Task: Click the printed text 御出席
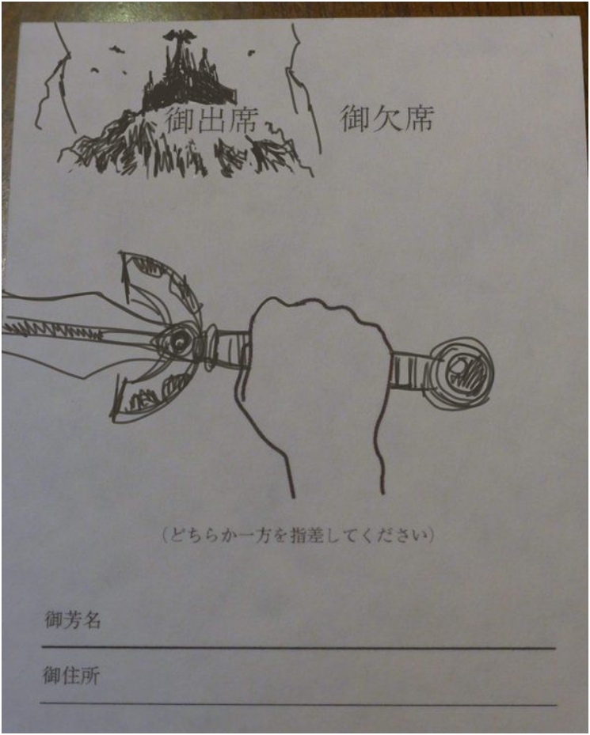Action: pos(211,120)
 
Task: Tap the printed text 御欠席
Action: pos(386,118)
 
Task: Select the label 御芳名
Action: pos(73,619)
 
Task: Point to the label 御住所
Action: pos(71,676)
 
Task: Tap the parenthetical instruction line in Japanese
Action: pos(298,535)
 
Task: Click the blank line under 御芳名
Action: pos(299,648)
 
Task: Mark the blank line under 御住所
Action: pos(299,703)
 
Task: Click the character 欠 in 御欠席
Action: pos(386,118)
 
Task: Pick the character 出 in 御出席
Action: pos(212,120)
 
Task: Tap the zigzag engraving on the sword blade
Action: pos(52,329)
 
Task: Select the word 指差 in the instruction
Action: pos(306,535)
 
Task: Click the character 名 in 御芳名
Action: pos(92,619)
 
